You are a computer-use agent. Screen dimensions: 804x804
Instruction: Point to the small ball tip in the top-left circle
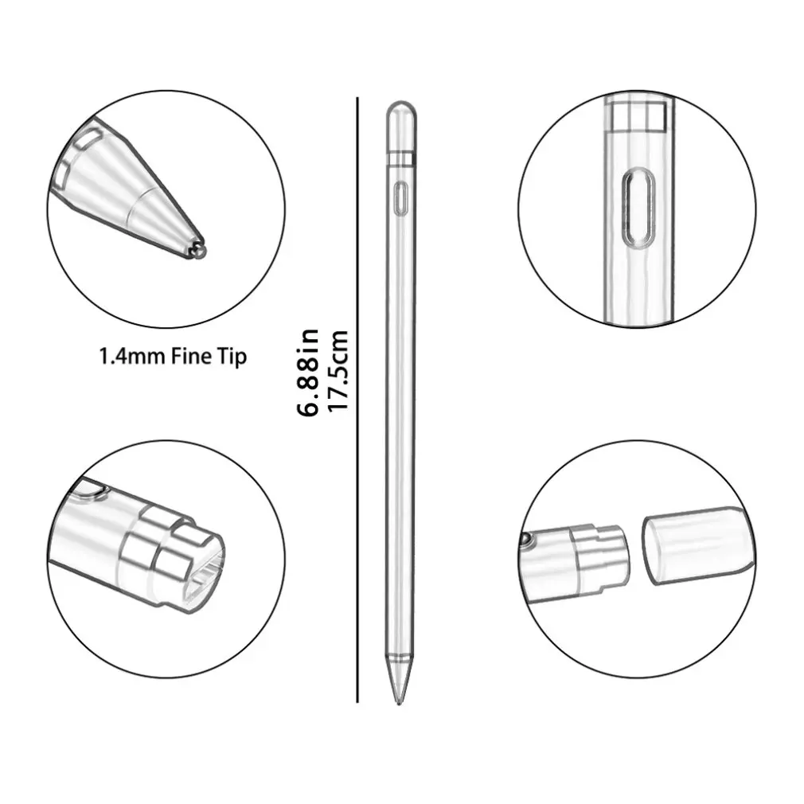(198, 251)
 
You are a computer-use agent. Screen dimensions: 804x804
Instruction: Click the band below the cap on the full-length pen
(402, 161)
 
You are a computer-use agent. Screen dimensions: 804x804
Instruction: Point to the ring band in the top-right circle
(637, 116)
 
